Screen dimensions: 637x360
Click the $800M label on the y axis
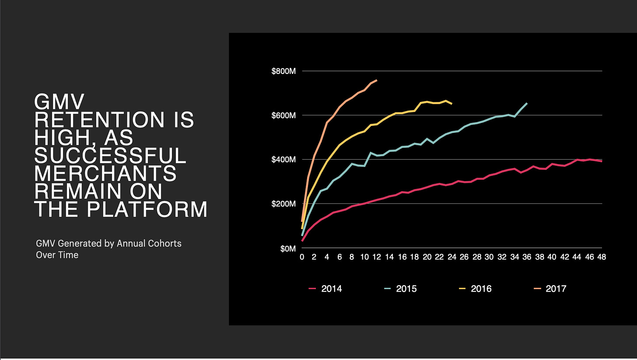click(283, 71)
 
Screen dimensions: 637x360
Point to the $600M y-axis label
click(283, 115)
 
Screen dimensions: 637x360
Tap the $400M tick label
click(283, 160)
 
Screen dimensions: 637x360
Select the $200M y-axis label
click(283, 204)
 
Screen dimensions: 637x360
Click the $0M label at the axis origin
click(288, 249)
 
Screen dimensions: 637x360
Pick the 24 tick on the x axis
click(451, 257)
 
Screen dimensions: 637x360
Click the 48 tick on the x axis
click(602, 257)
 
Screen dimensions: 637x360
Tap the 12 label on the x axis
click(377, 257)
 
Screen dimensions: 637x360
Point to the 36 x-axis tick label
click(527, 257)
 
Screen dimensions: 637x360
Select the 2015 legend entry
click(400, 289)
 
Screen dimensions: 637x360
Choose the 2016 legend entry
click(475, 289)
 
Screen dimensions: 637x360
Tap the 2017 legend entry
click(550, 289)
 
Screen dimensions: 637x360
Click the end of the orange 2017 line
click(377, 80)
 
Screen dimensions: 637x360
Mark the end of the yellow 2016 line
click(452, 104)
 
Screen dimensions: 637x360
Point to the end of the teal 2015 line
click(527, 103)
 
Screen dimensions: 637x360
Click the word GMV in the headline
click(59, 101)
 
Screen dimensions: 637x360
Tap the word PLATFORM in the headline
click(147, 209)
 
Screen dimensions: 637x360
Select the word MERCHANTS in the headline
click(105, 174)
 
